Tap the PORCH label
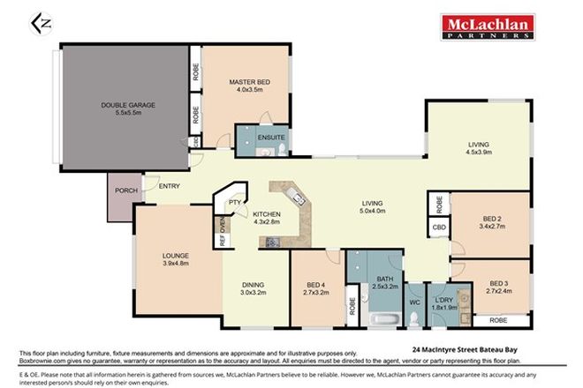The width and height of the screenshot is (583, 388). [119, 189]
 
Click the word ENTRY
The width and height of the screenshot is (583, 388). [170, 185]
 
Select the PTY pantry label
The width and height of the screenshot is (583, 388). [235, 203]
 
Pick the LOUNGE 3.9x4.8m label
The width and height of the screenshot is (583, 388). [177, 257]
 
